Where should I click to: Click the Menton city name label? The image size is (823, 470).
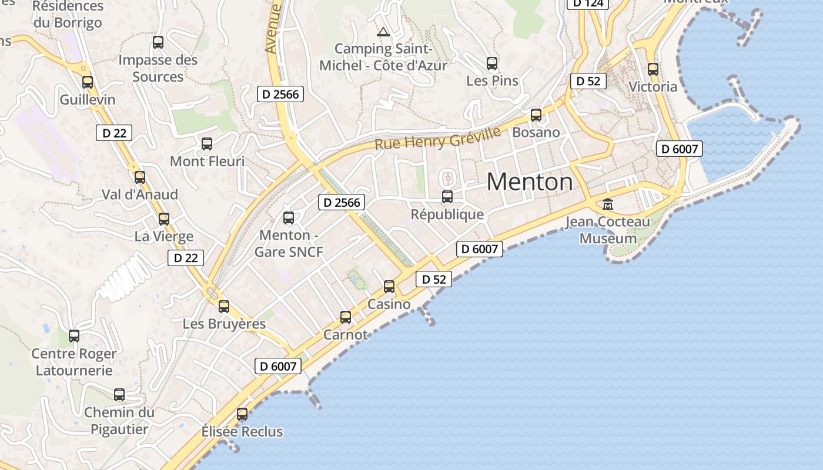click(x=530, y=182)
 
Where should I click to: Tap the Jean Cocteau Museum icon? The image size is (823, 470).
click(x=608, y=204)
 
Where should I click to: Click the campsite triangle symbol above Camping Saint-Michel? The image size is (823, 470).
click(x=383, y=32)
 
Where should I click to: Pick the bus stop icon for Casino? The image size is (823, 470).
click(x=389, y=287)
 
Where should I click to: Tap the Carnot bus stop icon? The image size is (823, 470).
click(x=346, y=317)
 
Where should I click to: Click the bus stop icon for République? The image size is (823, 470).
click(x=447, y=197)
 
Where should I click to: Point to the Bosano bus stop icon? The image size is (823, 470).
click(x=536, y=115)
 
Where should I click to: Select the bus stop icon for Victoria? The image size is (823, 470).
click(x=653, y=69)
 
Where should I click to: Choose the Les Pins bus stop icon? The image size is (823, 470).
click(x=492, y=63)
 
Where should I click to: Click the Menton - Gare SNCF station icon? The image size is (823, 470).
click(x=289, y=218)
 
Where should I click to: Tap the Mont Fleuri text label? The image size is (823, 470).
click(x=207, y=161)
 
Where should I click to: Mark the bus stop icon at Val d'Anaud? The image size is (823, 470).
click(x=140, y=177)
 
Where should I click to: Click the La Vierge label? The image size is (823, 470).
click(x=164, y=236)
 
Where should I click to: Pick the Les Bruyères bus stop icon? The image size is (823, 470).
click(x=224, y=307)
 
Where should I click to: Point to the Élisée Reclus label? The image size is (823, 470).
click(x=242, y=431)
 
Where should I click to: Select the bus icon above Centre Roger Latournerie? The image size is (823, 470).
click(x=74, y=336)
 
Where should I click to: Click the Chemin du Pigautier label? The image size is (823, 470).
click(x=119, y=421)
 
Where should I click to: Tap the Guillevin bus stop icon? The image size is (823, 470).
click(x=88, y=82)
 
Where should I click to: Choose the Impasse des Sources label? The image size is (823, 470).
click(x=158, y=68)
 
